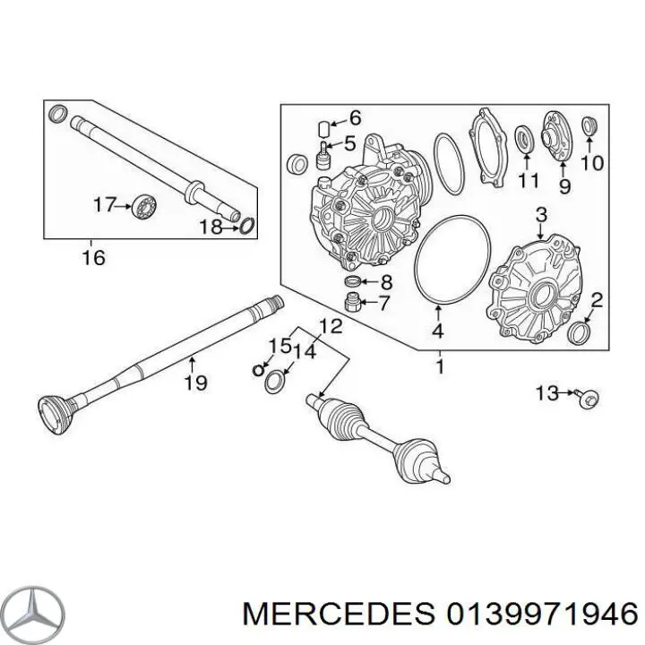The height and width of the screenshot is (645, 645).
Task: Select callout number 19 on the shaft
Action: [196, 383]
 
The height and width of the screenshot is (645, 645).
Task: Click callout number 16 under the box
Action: [93, 258]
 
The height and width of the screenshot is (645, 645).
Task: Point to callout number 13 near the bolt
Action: [546, 392]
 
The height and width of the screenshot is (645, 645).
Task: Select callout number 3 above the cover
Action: [541, 215]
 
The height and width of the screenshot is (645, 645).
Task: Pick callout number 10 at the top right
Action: [593, 164]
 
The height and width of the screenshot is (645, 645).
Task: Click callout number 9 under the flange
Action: [564, 186]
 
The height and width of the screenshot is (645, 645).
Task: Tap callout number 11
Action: [529, 181]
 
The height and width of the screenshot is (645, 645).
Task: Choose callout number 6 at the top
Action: [355, 117]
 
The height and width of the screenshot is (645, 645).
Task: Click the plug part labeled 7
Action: [353, 304]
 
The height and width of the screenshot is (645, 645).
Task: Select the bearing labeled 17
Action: [142, 207]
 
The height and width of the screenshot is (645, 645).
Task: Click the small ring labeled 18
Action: [247, 227]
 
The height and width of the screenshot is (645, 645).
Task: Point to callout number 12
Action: [331, 327]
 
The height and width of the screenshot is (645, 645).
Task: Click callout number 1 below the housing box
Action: [440, 365]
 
